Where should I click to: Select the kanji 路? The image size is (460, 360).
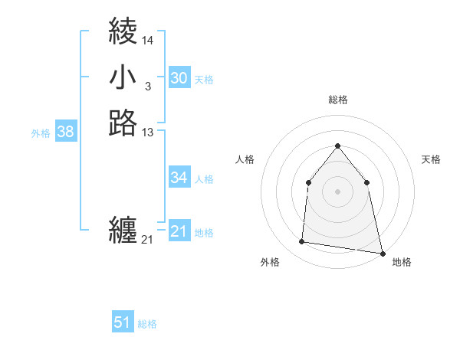(x=123, y=123)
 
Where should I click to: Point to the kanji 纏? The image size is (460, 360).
(x=123, y=230)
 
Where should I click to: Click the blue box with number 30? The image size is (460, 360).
(x=179, y=77)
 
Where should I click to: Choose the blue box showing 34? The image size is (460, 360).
(x=179, y=178)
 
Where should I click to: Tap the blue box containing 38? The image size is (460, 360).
(x=65, y=132)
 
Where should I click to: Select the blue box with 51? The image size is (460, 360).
(x=123, y=322)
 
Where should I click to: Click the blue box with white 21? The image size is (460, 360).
(x=179, y=231)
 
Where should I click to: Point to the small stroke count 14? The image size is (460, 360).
(x=148, y=40)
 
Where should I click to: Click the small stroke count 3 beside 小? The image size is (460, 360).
(x=147, y=87)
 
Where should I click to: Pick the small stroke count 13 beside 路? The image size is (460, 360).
(x=148, y=133)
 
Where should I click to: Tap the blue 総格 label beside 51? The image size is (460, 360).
(x=147, y=324)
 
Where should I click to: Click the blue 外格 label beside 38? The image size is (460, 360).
(x=41, y=133)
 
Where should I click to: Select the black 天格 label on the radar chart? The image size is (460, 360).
(x=431, y=159)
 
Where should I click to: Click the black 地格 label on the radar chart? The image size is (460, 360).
(x=402, y=262)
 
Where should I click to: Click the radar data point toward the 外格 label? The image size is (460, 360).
(x=302, y=242)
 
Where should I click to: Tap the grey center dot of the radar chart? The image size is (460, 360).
(x=337, y=191)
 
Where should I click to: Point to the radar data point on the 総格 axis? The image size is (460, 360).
(x=337, y=146)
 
